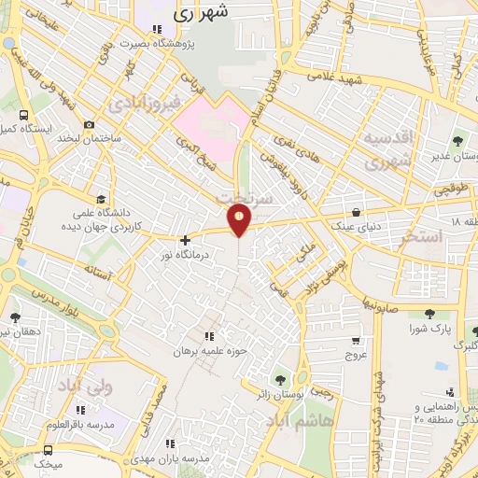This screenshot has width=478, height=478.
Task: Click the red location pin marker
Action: click(240, 218)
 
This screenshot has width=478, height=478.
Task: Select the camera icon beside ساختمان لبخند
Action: click(90, 125)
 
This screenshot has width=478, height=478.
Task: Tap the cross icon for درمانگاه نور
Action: click(185, 240)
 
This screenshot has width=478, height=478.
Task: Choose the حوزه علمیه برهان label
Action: click(209, 353)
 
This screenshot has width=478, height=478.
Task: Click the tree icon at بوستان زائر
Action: click(278, 379)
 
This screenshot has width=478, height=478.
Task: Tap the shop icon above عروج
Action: click(355, 342)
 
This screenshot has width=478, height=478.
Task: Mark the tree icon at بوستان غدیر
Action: click(457, 141)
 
